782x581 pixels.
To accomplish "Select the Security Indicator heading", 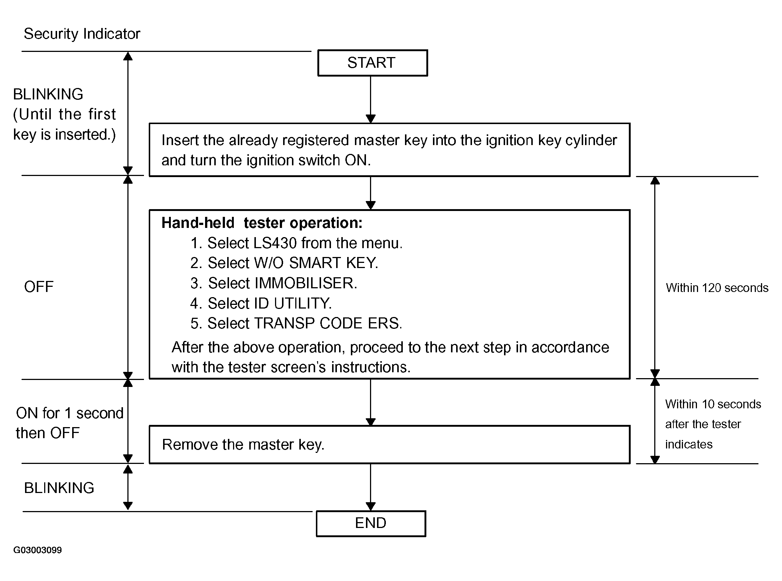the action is point(82,34).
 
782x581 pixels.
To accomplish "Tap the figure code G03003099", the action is point(38,550).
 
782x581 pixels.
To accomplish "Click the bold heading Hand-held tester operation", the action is point(262,223).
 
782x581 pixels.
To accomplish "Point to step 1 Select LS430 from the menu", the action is point(296,243).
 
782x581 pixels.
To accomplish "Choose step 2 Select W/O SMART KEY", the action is point(284,263).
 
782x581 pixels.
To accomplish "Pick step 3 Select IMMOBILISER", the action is point(274,283).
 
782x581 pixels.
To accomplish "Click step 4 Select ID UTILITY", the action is point(261,303).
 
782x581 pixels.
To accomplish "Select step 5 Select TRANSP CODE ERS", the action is point(296,323).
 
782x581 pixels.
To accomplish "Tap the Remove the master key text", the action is point(243,445).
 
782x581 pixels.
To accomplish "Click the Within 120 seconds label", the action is point(717,288).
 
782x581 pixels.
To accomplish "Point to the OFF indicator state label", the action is point(39,287).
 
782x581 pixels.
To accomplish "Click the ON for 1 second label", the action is point(70,413).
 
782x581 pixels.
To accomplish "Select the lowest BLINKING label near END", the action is point(59,488).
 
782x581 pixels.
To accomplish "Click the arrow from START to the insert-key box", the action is point(371,99).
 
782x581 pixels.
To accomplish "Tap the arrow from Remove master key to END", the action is point(371,487).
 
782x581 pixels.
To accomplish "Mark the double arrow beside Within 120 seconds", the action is point(655,277).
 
